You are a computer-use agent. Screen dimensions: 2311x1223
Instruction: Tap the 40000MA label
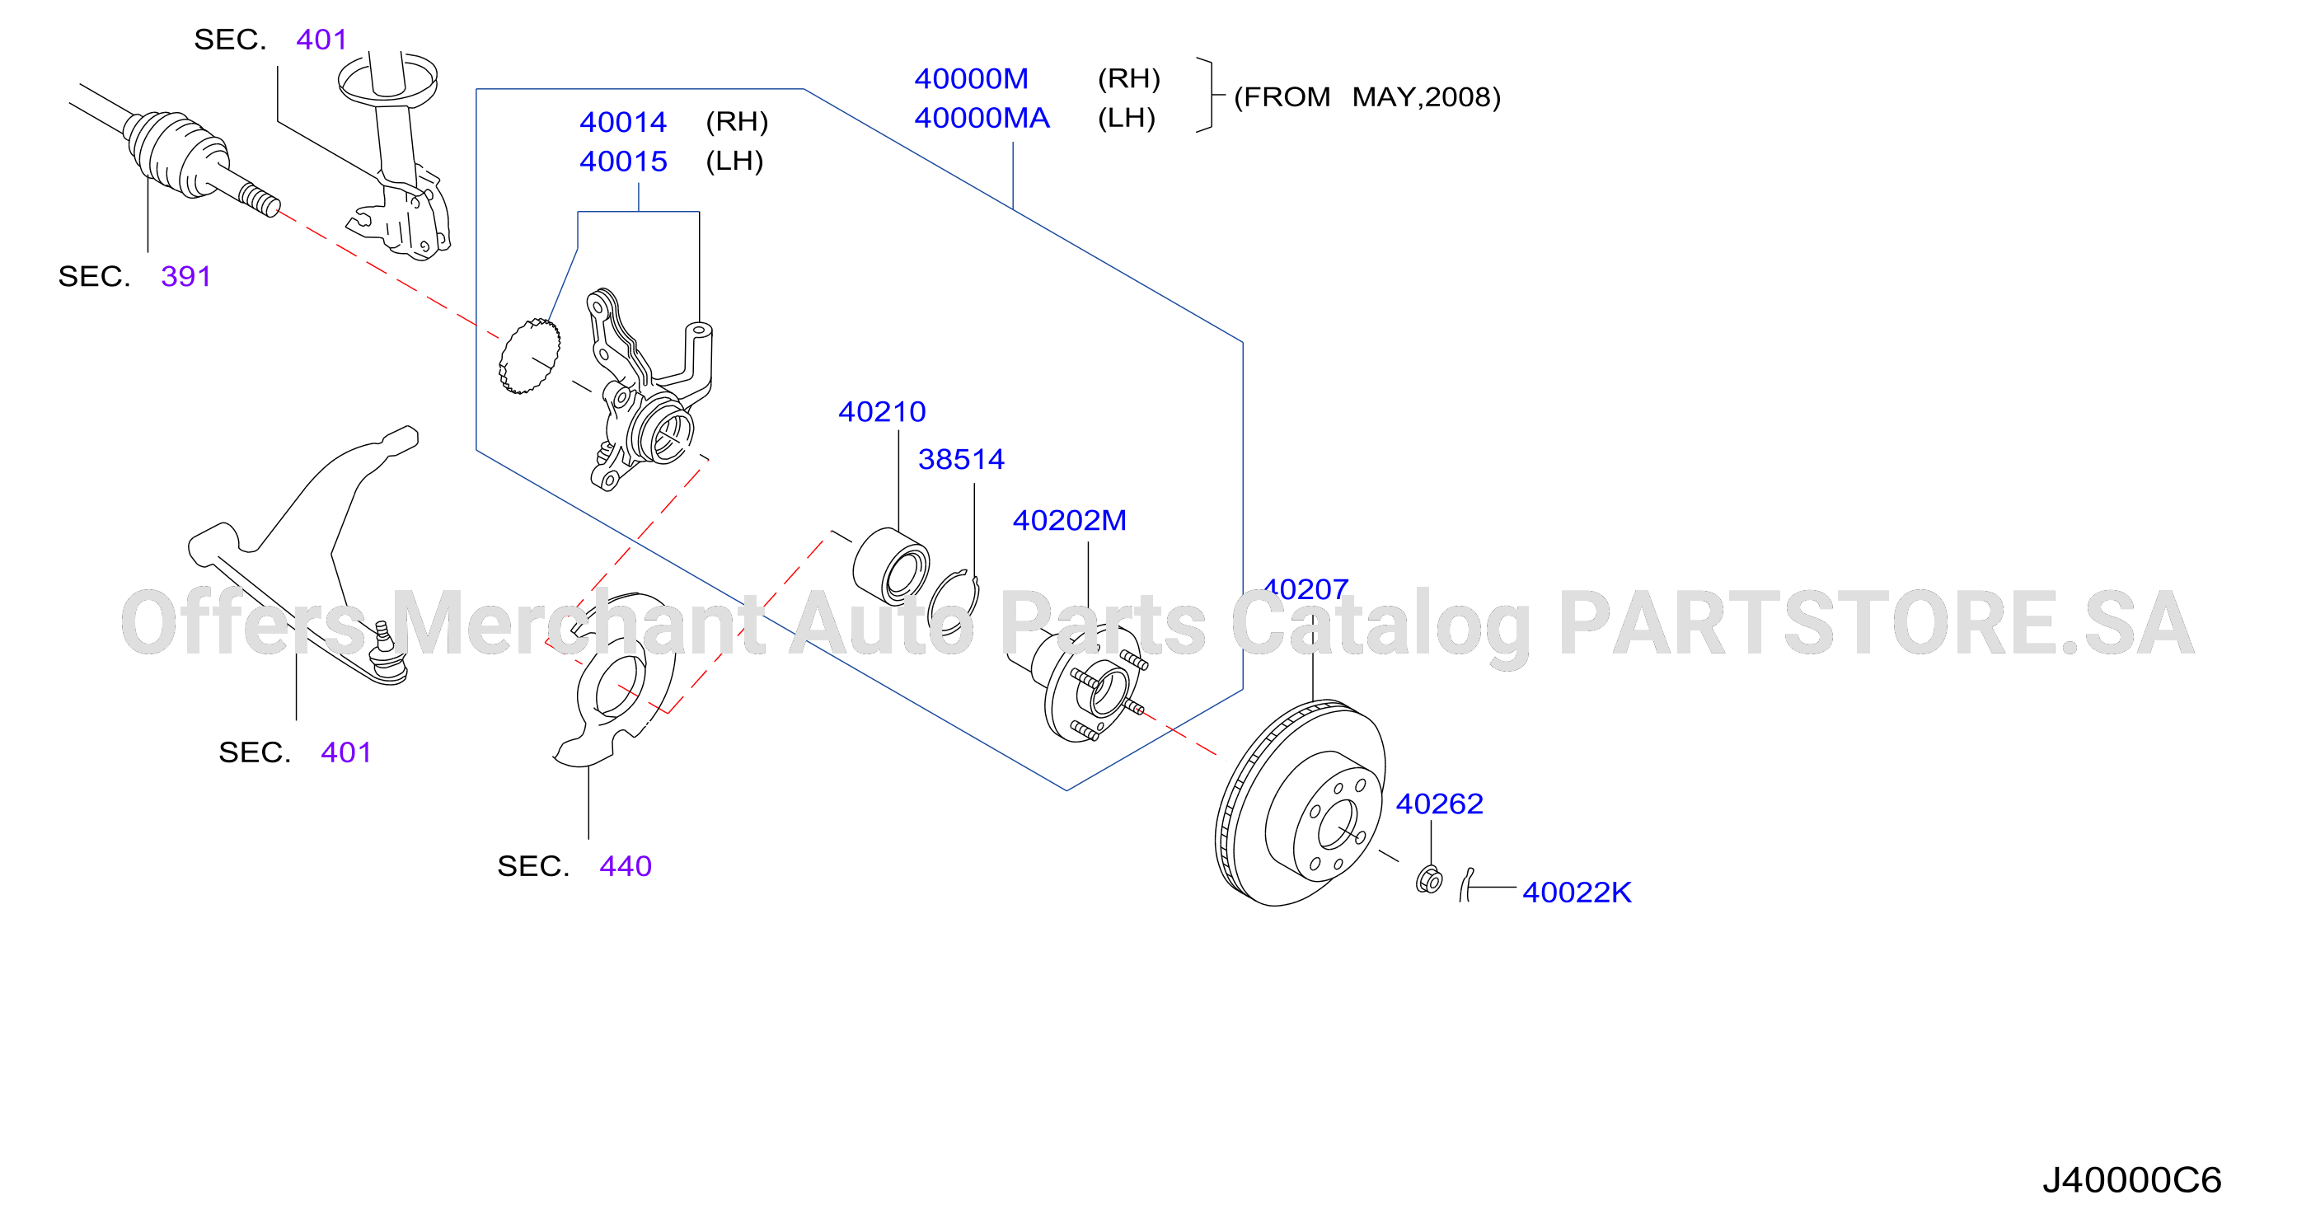point(982,118)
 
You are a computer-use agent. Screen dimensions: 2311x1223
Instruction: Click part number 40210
point(882,411)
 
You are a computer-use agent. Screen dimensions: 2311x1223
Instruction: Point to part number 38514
point(961,458)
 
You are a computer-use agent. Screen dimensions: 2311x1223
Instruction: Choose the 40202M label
point(1070,519)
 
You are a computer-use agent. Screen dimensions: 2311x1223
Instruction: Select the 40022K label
point(1577,892)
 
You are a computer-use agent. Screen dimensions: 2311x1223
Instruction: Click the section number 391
point(185,275)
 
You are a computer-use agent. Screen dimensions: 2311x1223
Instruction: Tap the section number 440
point(626,866)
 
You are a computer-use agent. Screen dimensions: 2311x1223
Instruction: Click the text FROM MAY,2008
point(1367,97)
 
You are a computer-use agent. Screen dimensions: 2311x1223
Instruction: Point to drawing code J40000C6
point(2131,1180)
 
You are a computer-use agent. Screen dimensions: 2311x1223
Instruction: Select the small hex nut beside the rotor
point(1429,880)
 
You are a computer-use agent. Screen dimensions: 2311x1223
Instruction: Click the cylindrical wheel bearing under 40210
point(890,566)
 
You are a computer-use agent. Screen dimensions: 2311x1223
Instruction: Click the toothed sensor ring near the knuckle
point(529,356)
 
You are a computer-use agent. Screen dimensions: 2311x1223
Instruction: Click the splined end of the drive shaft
point(260,199)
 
